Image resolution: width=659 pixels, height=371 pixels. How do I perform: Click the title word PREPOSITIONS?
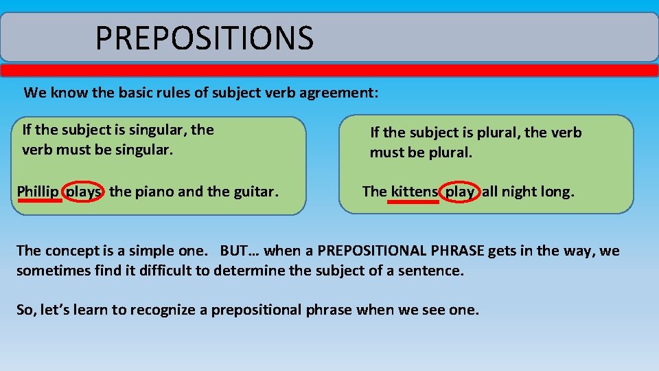point(204,38)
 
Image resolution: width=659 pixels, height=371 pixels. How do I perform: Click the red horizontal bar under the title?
point(329,70)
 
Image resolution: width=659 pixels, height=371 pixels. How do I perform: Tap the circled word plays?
point(84,192)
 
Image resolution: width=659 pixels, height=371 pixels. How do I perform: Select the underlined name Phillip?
point(38,192)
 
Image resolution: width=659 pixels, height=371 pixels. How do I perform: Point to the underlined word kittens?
point(414,192)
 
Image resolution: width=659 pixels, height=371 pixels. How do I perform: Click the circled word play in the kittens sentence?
point(459,192)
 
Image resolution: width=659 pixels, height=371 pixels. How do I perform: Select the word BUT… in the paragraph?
point(240,251)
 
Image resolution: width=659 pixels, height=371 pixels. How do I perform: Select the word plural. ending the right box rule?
point(450,153)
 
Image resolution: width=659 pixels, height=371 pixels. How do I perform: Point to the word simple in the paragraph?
point(148,251)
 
